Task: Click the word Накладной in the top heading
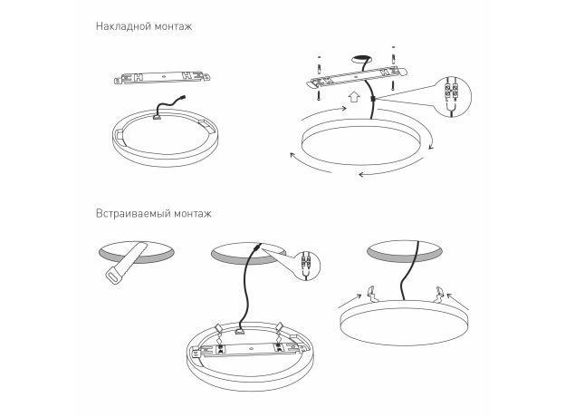coord(123,26)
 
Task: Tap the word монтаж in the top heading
coord(174,26)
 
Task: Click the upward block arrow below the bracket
coord(354,96)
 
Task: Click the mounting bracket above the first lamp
coord(162,77)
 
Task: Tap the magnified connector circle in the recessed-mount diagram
coord(306,266)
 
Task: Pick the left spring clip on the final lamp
coord(371,294)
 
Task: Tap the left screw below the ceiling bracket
coord(319,94)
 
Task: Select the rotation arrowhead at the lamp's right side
coord(431,146)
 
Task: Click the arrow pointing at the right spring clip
coord(457,301)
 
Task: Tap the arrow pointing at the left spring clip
coord(350,301)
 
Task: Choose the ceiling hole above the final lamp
coord(405,251)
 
